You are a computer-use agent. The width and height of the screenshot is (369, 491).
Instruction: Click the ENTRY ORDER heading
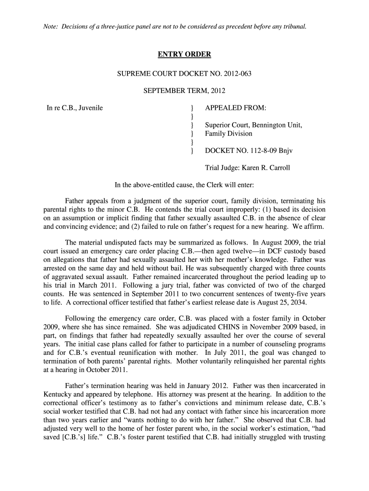(184, 55)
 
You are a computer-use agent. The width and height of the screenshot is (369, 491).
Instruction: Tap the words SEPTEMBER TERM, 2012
(184, 91)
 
